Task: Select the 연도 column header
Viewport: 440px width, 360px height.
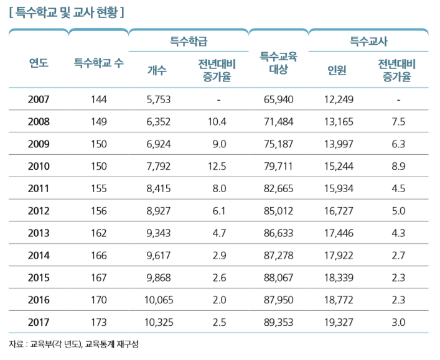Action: pyautogui.click(x=39, y=62)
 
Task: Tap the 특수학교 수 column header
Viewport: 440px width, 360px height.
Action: pyautogui.click(x=98, y=62)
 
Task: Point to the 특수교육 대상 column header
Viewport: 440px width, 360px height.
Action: pyautogui.click(x=278, y=63)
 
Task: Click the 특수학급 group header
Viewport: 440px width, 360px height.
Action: pyautogui.click(x=188, y=42)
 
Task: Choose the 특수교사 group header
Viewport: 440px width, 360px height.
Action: pyautogui.click(x=368, y=42)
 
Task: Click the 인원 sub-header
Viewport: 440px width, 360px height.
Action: pyautogui.click(x=337, y=70)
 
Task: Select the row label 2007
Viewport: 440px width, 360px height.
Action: pyautogui.click(x=39, y=99)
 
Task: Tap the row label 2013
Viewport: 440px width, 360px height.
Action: pyautogui.click(x=39, y=233)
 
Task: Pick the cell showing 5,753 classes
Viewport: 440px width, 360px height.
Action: pyautogui.click(x=158, y=99)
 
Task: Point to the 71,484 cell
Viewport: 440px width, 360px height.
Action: pyautogui.click(x=278, y=122)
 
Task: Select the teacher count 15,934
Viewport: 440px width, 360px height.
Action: pyautogui.click(x=339, y=189)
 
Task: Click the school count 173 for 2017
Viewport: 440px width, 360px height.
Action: pyautogui.click(x=98, y=323)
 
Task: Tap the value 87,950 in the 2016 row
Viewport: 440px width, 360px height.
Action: pyautogui.click(x=278, y=300)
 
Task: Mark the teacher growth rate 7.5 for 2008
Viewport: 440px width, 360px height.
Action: pyautogui.click(x=398, y=122)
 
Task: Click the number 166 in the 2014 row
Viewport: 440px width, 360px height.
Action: pyautogui.click(x=98, y=256)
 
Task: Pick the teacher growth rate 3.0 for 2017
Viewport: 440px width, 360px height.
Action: pyautogui.click(x=398, y=323)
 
